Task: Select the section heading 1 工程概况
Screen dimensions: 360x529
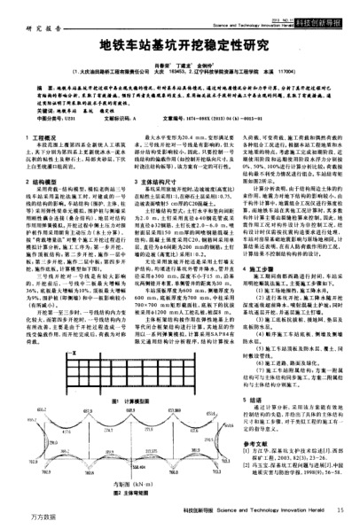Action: tap(44, 138)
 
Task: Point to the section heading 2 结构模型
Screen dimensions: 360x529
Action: tap(44, 180)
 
